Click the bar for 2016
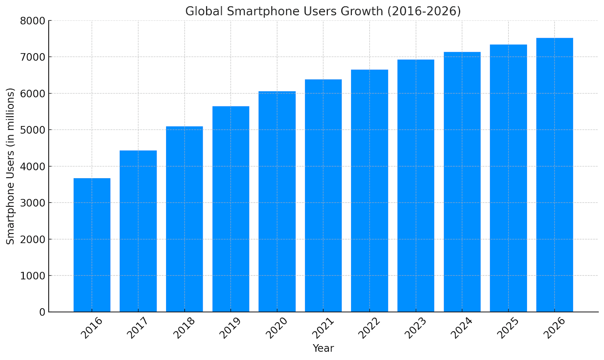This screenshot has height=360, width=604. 92,245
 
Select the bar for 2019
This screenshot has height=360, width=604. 231,209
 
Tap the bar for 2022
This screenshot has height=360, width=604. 369,191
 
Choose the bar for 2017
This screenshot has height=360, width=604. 138,231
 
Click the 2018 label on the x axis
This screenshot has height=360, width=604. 184,328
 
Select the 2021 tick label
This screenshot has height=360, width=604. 323,328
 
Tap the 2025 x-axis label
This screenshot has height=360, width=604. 508,328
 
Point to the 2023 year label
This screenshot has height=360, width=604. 415,328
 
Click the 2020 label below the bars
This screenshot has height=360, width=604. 276,328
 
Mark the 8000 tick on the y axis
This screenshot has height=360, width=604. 32,21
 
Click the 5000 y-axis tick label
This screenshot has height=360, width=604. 32,130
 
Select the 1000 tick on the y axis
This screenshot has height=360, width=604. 32,276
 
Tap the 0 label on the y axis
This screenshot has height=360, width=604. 42,312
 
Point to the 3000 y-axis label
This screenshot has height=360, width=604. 32,203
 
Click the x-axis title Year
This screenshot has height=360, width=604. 323,348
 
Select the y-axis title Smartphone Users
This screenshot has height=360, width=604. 11,166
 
